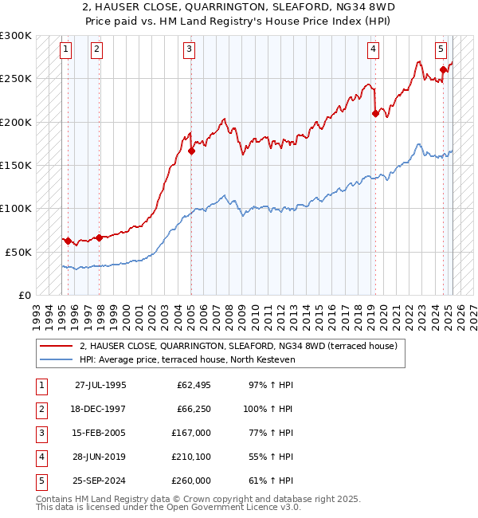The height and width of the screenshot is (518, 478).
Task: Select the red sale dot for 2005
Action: [x=191, y=150]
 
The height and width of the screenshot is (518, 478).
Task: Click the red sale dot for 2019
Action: [x=375, y=113]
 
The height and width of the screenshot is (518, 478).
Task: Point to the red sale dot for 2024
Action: [x=444, y=70]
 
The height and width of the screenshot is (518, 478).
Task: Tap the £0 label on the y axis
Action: [x=24, y=295]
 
